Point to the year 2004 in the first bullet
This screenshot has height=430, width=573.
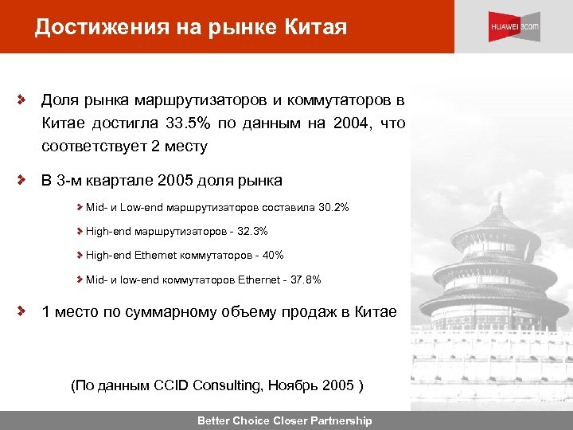(351, 123)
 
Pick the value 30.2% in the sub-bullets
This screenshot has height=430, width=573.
(333, 207)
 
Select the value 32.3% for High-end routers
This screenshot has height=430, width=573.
(252, 231)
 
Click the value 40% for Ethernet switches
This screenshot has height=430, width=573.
(271, 255)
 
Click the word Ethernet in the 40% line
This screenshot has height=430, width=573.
(159, 255)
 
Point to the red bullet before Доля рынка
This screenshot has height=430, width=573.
(24, 101)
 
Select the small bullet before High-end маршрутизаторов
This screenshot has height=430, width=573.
(80, 231)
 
